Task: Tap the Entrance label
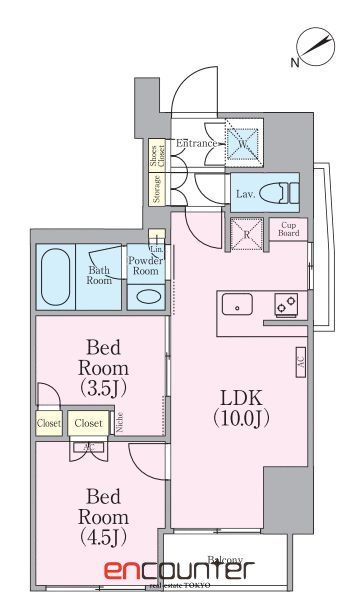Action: (x=197, y=144)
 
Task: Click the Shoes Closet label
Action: (x=155, y=156)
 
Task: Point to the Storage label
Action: (x=157, y=189)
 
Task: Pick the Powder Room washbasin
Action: (x=146, y=296)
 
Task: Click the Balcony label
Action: (x=225, y=560)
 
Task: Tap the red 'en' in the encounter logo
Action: (x=124, y=573)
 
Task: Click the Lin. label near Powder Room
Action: (x=156, y=246)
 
